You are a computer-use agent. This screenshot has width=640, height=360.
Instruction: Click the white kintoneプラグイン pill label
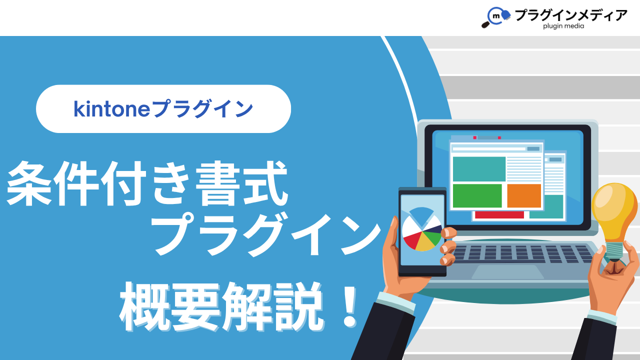coord(163,109)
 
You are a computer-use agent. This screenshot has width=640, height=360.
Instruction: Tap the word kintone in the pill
coord(111,109)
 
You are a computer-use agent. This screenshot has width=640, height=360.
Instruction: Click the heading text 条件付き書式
coord(147,183)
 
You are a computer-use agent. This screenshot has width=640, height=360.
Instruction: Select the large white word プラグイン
coord(266,235)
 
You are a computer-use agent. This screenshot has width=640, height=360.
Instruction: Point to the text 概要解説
coord(221,307)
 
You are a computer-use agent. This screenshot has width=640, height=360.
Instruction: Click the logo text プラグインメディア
coord(571,15)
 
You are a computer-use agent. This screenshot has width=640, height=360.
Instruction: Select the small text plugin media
coord(563,26)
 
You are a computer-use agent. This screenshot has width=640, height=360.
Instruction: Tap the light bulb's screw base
coord(614,251)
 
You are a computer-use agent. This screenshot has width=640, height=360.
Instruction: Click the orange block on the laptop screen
coord(524,195)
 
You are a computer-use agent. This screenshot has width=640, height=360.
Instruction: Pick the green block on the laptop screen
coord(477,195)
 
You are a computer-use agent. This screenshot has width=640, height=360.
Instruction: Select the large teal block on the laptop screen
coord(479,169)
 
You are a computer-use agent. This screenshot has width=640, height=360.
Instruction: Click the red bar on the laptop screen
coord(499,215)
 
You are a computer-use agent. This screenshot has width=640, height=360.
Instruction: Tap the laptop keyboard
coord(523,253)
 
